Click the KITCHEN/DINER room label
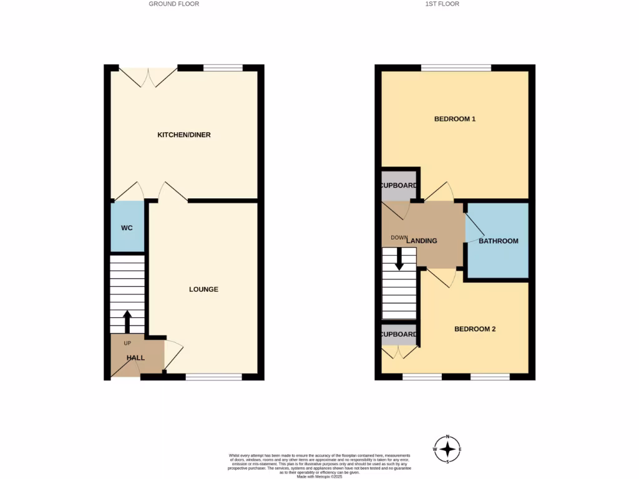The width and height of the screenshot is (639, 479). (183, 135)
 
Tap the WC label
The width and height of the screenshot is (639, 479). (127, 228)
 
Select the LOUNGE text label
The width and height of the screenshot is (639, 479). (203, 289)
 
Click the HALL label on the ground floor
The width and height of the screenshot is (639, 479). (135, 358)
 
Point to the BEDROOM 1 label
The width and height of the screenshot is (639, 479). (455, 119)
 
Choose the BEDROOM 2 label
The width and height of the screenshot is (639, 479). (474, 329)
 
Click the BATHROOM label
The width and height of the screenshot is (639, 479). (498, 241)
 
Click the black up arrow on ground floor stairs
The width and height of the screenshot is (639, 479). (127, 322)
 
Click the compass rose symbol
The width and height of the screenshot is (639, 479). (447, 449)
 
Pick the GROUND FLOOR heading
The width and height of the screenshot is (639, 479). (173, 4)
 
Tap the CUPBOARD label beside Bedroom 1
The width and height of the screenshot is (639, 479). (399, 185)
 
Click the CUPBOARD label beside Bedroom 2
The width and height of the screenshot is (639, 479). (399, 334)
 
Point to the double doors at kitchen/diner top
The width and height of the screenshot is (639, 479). (149, 76)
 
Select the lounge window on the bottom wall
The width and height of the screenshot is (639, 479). (213, 377)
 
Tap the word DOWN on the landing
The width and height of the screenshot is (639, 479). (398, 238)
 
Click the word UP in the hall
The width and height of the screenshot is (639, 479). (127, 344)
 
